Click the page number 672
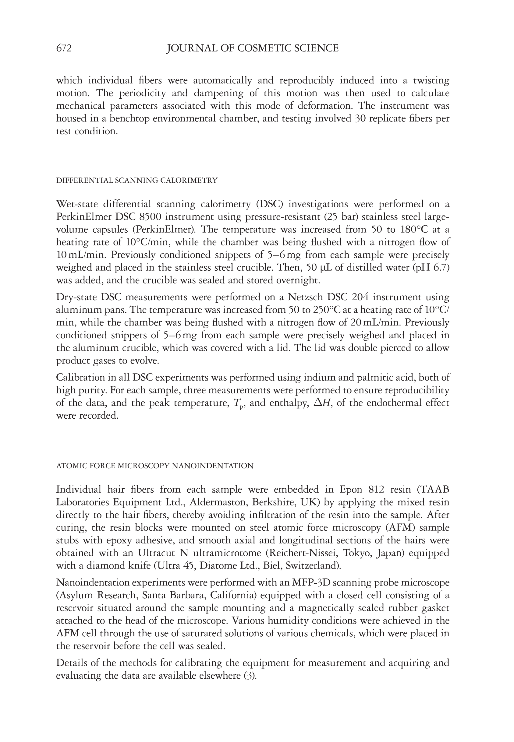64,48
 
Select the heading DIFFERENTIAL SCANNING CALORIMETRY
137,181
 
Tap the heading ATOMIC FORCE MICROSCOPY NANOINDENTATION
154,466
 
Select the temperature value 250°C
322,310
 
